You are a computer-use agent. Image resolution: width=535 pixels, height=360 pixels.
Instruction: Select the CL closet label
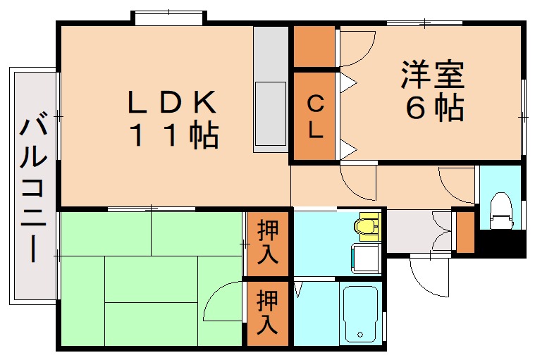pyautogui.click(x=315, y=117)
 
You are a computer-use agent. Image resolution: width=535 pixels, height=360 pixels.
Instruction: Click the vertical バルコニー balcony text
pyautogui.click(x=32, y=190)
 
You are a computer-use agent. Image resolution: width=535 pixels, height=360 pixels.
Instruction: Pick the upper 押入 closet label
pyautogui.click(x=268, y=242)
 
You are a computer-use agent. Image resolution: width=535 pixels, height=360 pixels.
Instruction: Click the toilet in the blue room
pyautogui.click(x=501, y=209)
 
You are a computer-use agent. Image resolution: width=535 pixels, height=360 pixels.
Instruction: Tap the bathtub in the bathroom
pyautogui.click(x=362, y=314)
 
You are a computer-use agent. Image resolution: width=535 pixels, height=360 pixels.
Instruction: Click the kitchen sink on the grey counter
pyautogui.click(x=271, y=113)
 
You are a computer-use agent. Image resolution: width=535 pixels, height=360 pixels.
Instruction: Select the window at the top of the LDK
pyautogui.click(x=169, y=18)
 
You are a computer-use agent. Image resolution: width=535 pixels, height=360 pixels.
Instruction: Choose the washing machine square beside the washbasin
pyautogui.click(x=367, y=259)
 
